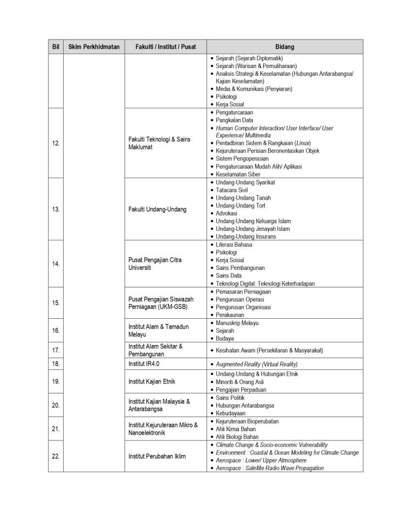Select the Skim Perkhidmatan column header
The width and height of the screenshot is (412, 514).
(94, 47)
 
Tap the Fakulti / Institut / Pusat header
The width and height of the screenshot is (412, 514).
(165, 47)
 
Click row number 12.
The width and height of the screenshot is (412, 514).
(55, 143)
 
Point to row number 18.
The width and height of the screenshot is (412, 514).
(55, 364)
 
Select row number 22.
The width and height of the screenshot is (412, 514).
(55, 456)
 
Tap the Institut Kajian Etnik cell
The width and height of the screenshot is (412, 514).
(153, 381)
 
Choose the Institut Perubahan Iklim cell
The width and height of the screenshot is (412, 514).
(158, 456)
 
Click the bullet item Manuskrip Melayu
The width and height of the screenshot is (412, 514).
(237, 323)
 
